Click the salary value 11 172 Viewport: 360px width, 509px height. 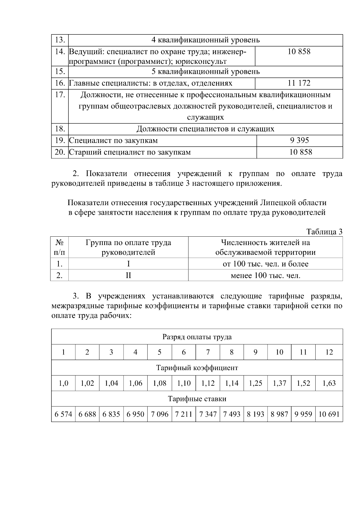click(299, 83)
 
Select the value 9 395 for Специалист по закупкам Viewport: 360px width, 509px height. click(299, 140)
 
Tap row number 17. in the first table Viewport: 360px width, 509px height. click(60, 95)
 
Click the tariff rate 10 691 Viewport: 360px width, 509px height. click(329, 414)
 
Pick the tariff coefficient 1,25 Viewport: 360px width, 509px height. click(255, 383)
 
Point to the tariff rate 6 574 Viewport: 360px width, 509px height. click(63, 414)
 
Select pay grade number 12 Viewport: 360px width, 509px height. click(329, 352)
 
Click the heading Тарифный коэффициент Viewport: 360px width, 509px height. click(197, 368)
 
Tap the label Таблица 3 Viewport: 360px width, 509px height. click(324, 232)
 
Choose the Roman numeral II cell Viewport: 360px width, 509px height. click(128, 275)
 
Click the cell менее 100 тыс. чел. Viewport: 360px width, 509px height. click(265, 275)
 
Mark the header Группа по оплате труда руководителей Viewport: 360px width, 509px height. click(128, 247)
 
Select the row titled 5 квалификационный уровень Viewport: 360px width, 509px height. click(205, 72)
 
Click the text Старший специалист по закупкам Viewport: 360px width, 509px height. click(130, 152)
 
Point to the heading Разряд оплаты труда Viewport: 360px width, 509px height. click(197, 337)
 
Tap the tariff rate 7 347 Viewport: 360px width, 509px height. click(208, 414)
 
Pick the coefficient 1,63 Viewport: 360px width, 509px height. click(329, 383)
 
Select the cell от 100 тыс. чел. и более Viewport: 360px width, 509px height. click(265, 264)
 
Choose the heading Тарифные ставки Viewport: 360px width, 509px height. click(197, 399)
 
